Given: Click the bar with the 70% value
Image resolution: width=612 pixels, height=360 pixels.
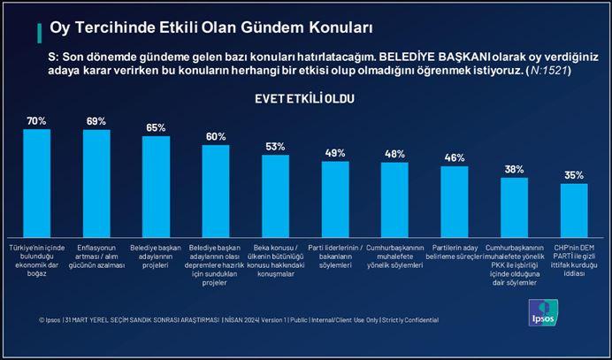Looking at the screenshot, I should tap(36, 181).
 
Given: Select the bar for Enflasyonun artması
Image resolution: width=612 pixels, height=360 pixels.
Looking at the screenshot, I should tap(96, 182).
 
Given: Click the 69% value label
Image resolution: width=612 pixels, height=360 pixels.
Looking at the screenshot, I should tap(96, 120).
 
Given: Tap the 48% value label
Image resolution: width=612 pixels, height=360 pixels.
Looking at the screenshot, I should tap(394, 153).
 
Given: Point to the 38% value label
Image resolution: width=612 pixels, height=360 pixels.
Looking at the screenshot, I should tap(514, 168).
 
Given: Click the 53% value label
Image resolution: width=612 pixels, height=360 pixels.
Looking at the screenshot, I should tap(275, 145).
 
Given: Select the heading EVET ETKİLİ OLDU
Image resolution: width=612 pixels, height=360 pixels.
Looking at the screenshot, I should tap(304, 98).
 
